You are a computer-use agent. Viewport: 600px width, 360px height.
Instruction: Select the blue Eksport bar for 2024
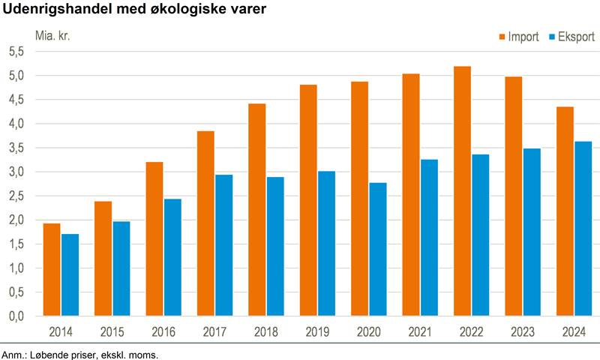tap(583, 229)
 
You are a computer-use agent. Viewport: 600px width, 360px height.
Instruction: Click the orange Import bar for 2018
tap(256, 210)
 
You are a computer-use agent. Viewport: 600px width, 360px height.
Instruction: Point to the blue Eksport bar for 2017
tap(223, 245)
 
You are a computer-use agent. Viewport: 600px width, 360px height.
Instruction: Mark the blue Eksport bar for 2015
tap(121, 268)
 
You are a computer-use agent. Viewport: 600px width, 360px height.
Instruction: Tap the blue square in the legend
tap(553, 37)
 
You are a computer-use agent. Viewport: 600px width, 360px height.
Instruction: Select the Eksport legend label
tap(577, 37)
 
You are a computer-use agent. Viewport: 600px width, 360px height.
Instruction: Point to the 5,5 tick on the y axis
tap(16, 52)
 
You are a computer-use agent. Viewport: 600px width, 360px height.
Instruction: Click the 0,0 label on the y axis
tap(16, 316)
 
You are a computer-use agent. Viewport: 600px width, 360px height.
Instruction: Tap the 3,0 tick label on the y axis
tap(16, 172)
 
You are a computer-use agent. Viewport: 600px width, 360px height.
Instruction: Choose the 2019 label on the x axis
tap(317, 332)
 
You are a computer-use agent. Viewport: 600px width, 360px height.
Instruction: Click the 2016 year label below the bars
tap(163, 332)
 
